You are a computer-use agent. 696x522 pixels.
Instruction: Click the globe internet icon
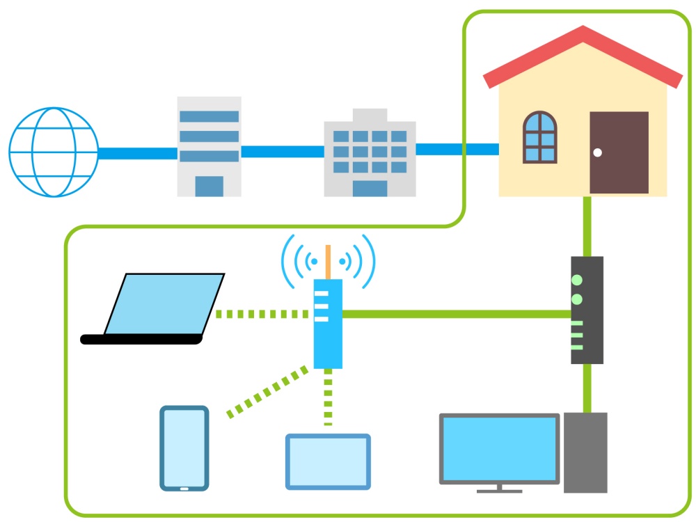click(x=53, y=152)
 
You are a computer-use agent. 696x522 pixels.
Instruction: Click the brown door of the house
click(x=619, y=152)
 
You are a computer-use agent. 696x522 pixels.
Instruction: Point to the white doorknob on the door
click(x=597, y=152)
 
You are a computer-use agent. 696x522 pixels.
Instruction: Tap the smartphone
click(x=184, y=448)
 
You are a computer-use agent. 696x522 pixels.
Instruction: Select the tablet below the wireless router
click(x=328, y=461)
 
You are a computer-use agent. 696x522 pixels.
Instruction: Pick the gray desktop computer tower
click(x=585, y=452)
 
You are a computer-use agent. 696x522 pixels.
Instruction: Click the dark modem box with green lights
click(x=587, y=310)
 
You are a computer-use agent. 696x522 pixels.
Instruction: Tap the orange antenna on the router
click(x=328, y=262)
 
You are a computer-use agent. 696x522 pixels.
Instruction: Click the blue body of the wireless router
click(x=328, y=324)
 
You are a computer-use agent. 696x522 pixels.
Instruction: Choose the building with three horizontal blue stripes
click(x=209, y=146)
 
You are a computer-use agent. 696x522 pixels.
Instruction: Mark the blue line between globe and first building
click(x=137, y=153)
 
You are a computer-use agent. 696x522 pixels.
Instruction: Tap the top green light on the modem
click(x=576, y=280)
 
